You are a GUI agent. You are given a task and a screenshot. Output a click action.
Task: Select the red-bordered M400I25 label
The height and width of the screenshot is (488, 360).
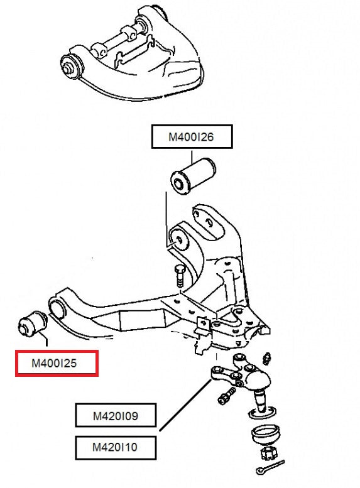pos(57,364)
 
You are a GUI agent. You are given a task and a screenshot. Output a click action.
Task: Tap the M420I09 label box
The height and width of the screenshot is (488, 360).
pos(116,416)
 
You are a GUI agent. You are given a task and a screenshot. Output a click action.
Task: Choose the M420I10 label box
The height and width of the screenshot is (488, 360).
pos(116,448)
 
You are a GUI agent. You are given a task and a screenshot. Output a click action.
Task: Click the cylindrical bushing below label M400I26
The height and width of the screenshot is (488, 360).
pos(195,175)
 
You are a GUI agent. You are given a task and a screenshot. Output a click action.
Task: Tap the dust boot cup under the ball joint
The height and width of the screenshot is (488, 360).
pos(265,434)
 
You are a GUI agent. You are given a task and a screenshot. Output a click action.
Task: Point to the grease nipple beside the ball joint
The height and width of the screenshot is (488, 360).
pos(266,358)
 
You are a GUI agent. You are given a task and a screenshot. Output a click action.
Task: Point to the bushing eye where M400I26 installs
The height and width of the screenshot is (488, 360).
pos(180,241)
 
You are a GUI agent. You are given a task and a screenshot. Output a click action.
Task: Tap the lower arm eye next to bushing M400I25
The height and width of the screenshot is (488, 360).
pos(57,309)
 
